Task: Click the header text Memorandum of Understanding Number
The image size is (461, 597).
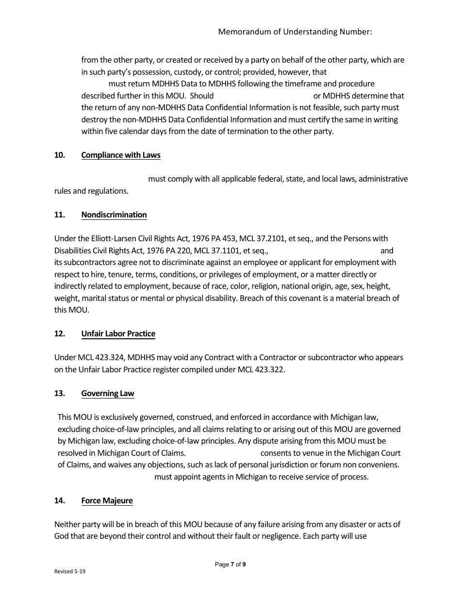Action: [x=295, y=32]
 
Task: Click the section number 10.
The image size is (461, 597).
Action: [x=60, y=155]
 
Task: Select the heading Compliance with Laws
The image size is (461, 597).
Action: [x=121, y=155]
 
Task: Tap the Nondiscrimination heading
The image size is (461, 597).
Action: [x=114, y=215]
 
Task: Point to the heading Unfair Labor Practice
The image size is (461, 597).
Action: [x=118, y=334]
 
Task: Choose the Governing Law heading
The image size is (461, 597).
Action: [x=108, y=394]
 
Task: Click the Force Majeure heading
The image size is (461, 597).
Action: [x=107, y=501]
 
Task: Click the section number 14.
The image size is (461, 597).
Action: [x=60, y=501]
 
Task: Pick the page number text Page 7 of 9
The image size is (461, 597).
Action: [x=230, y=564]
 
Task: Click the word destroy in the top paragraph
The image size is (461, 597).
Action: [x=94, y=120]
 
